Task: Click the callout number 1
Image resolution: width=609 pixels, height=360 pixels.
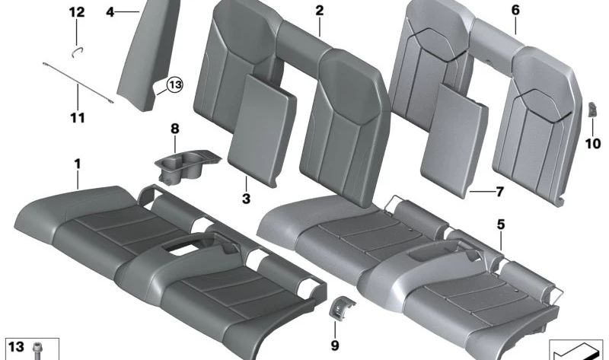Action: (77, 162)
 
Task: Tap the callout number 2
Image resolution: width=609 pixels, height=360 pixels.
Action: (319, 11)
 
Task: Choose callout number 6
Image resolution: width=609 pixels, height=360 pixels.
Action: (515, 11)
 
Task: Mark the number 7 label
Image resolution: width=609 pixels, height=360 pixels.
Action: (499, 191)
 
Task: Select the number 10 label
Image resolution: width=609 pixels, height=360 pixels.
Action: (592, 142)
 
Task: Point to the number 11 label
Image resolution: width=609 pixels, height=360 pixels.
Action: (77, 118)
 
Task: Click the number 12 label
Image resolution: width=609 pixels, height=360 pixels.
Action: (77, 11)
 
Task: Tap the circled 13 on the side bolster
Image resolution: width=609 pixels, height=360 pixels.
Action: (175, 85)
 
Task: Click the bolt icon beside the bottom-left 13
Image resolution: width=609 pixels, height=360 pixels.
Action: (37, 351)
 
